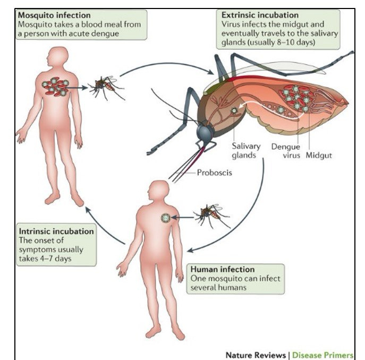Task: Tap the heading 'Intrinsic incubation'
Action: tap(57, 232)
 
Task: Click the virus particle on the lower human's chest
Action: tap(166, 217)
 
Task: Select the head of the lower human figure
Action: tap(158, 191)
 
